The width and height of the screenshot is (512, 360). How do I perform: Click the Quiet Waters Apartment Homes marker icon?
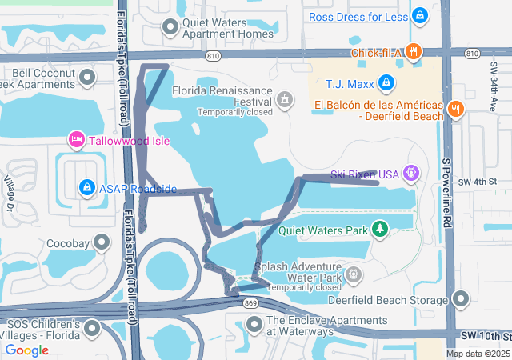click(170, 28)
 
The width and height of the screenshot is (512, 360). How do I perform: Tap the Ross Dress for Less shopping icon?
click(420, 15)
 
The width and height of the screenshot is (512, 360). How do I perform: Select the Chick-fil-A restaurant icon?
click(413, 52)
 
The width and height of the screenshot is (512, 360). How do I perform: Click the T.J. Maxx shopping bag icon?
click(386, 82)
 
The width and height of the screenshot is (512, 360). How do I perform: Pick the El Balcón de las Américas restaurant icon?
click(455, 110)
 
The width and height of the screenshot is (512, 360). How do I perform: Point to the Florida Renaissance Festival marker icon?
click(284, 100)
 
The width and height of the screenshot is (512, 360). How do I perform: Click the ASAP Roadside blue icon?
click(86, 187)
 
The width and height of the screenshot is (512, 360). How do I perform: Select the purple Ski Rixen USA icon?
click(411, 172)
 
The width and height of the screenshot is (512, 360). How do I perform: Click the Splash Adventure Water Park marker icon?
click(354, 275)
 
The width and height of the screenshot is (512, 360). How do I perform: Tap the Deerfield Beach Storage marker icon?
click(461, 299)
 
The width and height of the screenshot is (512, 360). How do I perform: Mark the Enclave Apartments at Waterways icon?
click(254, 324)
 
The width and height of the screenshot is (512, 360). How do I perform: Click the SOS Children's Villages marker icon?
click(93, 328)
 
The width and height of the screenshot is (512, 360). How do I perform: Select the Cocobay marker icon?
click(102, 242)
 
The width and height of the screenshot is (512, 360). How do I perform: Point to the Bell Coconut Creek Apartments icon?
click(87, 78)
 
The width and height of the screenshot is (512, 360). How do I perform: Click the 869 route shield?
click(251, 304)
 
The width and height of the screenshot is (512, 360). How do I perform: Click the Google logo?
click(27, 350)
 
